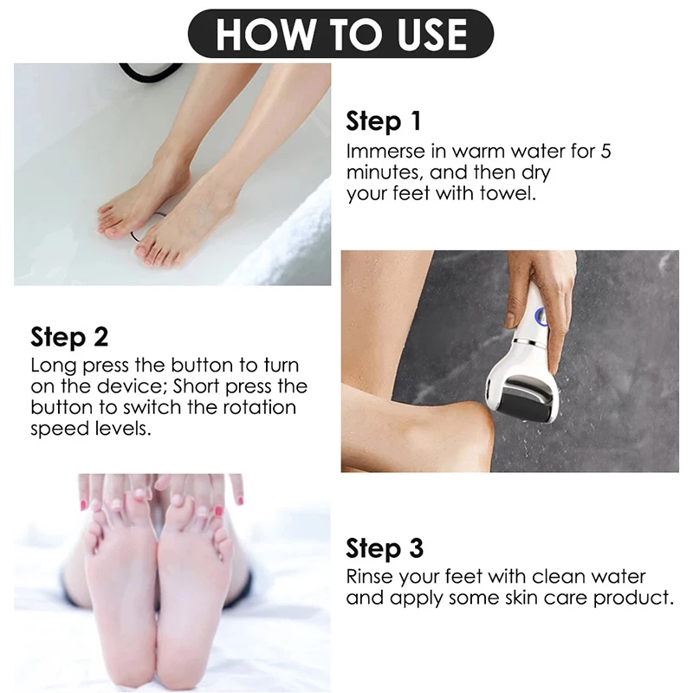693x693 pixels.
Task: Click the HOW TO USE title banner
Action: (x=340, y=34)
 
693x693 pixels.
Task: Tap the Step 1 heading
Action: (x=385, y=121)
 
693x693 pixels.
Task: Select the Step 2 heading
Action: (x=69, y=336)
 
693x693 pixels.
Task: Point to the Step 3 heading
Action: (x=385, y=548)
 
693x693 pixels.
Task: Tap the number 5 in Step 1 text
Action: (x=606, y=151)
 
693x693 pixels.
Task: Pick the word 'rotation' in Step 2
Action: (x=259, y=407)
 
